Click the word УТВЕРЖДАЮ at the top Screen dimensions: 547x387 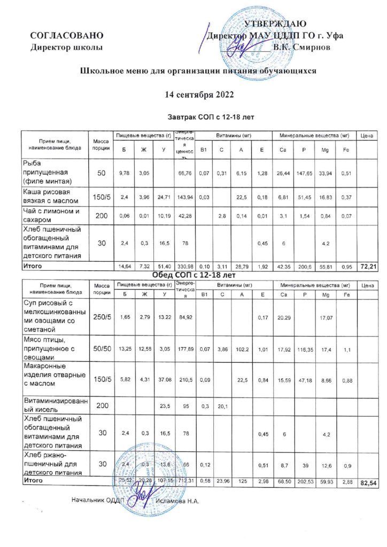(275, 24)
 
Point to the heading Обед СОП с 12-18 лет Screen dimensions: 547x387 (198, 275)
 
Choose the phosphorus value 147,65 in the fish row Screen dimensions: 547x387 (304, 173)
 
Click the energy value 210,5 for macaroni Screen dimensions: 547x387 (185, 380)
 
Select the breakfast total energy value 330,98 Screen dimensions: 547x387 (185, 266)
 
